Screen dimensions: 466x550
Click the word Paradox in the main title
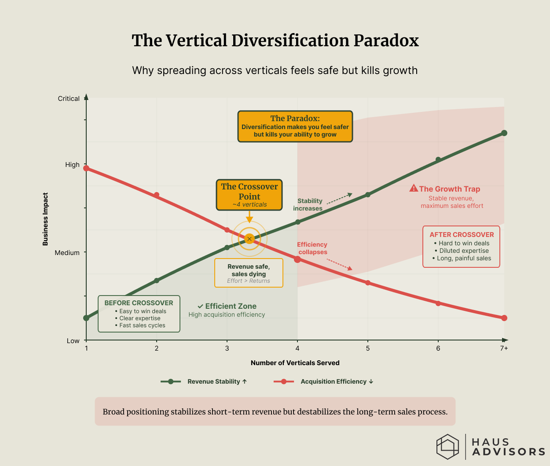pos(386,41)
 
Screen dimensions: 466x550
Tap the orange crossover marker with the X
pos(249,239)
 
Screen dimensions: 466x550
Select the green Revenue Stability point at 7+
pos(504,133)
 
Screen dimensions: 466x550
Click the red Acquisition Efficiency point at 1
pos(86,168)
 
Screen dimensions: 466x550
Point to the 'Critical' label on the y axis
pos(69,99)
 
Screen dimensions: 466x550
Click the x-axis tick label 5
pos(368,348)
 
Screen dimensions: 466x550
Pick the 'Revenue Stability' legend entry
pos(204,381)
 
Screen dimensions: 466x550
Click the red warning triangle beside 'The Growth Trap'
pos(413,189)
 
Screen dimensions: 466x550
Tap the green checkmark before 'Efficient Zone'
pos(200,306)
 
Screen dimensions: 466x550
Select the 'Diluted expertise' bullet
pos(464,251)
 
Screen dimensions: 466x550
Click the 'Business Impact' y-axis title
pos(45,219)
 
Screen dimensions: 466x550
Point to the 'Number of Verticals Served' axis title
pos(295,363)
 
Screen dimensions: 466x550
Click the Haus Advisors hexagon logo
pos(447,447)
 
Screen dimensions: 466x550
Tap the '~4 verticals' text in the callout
pos(249,204)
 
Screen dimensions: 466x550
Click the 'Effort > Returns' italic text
pos(249,281)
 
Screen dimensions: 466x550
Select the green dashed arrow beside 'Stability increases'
pos(339,198)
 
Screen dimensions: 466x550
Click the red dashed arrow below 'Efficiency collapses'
pos(339,264)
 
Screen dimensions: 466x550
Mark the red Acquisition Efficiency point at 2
pos(157,195)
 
